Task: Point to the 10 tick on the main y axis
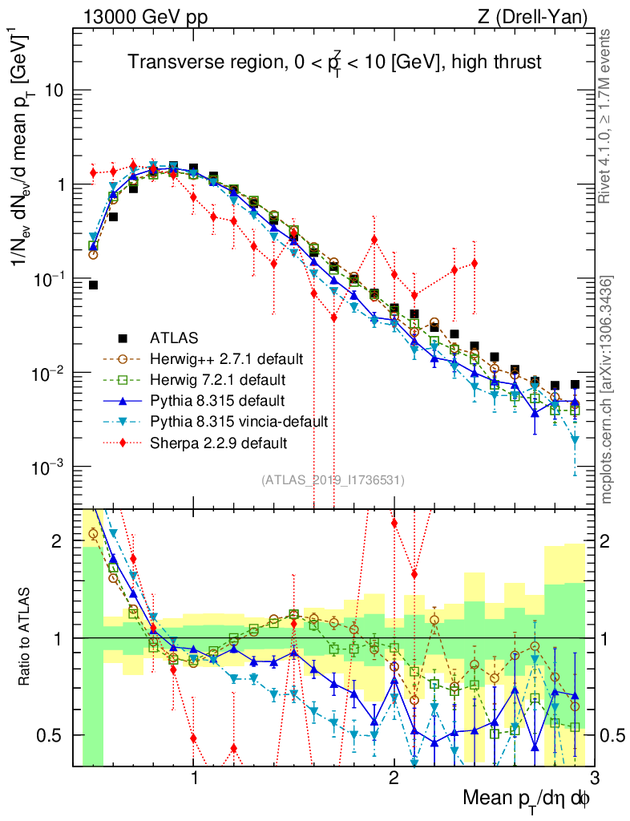point(55,91)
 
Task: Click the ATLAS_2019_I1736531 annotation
point(333,480)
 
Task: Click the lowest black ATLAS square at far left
point(93,285)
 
